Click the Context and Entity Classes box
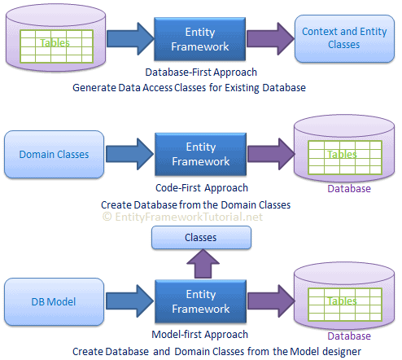344,38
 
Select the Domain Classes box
54,154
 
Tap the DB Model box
54,301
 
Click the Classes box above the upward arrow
201,238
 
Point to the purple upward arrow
203,264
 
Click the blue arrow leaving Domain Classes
129,154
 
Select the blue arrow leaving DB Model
129,301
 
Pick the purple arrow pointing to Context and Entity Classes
270,39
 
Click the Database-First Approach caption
201,72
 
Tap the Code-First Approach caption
202,188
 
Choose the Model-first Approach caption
200,335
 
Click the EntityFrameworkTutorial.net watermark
182,217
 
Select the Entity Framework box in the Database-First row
200,39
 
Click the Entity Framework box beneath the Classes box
201,301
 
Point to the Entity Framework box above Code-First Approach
201,154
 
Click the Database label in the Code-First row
349,189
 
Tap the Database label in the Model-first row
349,336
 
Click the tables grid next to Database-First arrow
56,46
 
